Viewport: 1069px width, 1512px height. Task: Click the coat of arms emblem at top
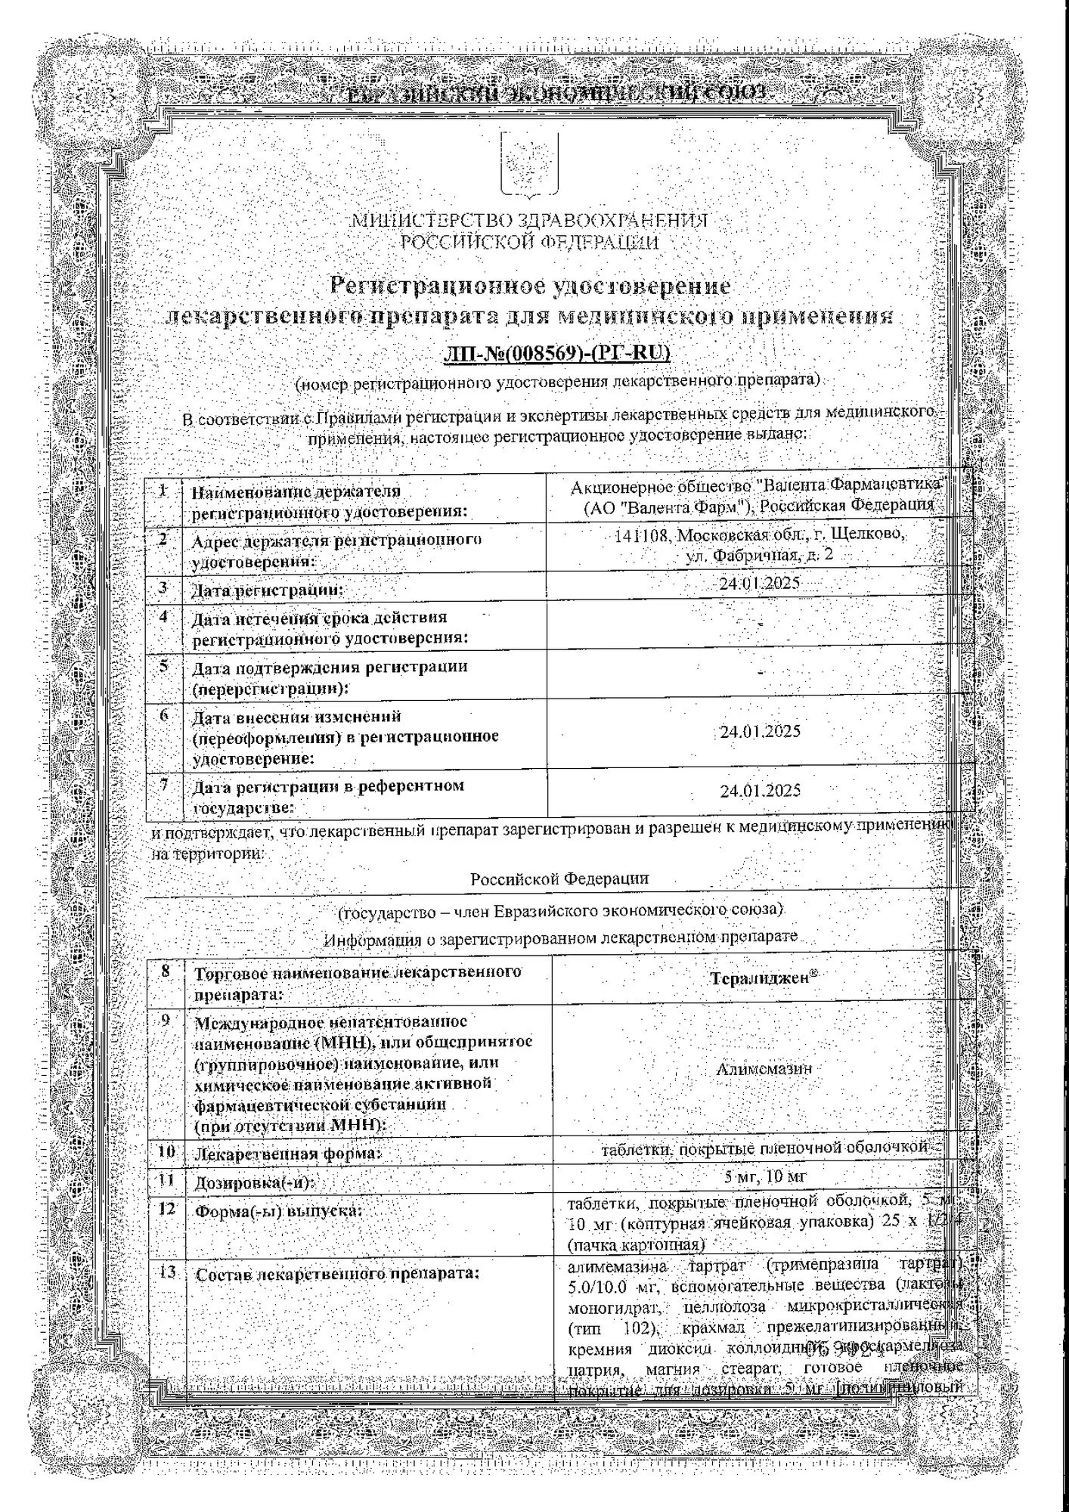[529, 162]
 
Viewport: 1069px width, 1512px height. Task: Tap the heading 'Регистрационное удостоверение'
[531, 286]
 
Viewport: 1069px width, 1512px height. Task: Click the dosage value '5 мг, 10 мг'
[765, 1176]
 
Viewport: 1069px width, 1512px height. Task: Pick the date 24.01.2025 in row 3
[759, 584]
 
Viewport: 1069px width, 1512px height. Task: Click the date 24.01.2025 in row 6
[760, 732]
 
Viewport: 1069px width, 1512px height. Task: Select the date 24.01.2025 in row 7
[760, 790]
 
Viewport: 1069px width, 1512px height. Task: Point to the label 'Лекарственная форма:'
[289, 1154]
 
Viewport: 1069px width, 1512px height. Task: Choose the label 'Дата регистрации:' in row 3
[268, 589]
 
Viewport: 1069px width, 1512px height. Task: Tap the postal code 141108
[642, 534]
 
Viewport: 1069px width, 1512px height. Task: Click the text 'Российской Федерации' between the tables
[559, 878]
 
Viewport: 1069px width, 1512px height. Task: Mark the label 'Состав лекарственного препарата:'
[338, 1274]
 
